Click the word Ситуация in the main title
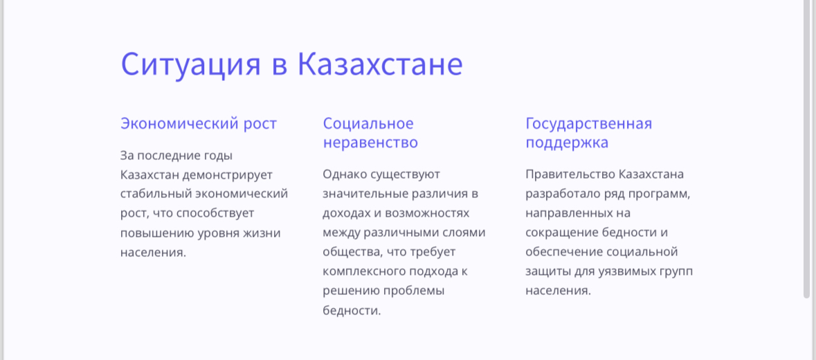point(190,64)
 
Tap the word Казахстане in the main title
point(380,64)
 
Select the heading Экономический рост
point(198,124)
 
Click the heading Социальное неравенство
point(370,133)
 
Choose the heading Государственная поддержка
point(588,133)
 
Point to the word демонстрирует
point(228,174)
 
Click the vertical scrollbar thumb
point(807,149)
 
